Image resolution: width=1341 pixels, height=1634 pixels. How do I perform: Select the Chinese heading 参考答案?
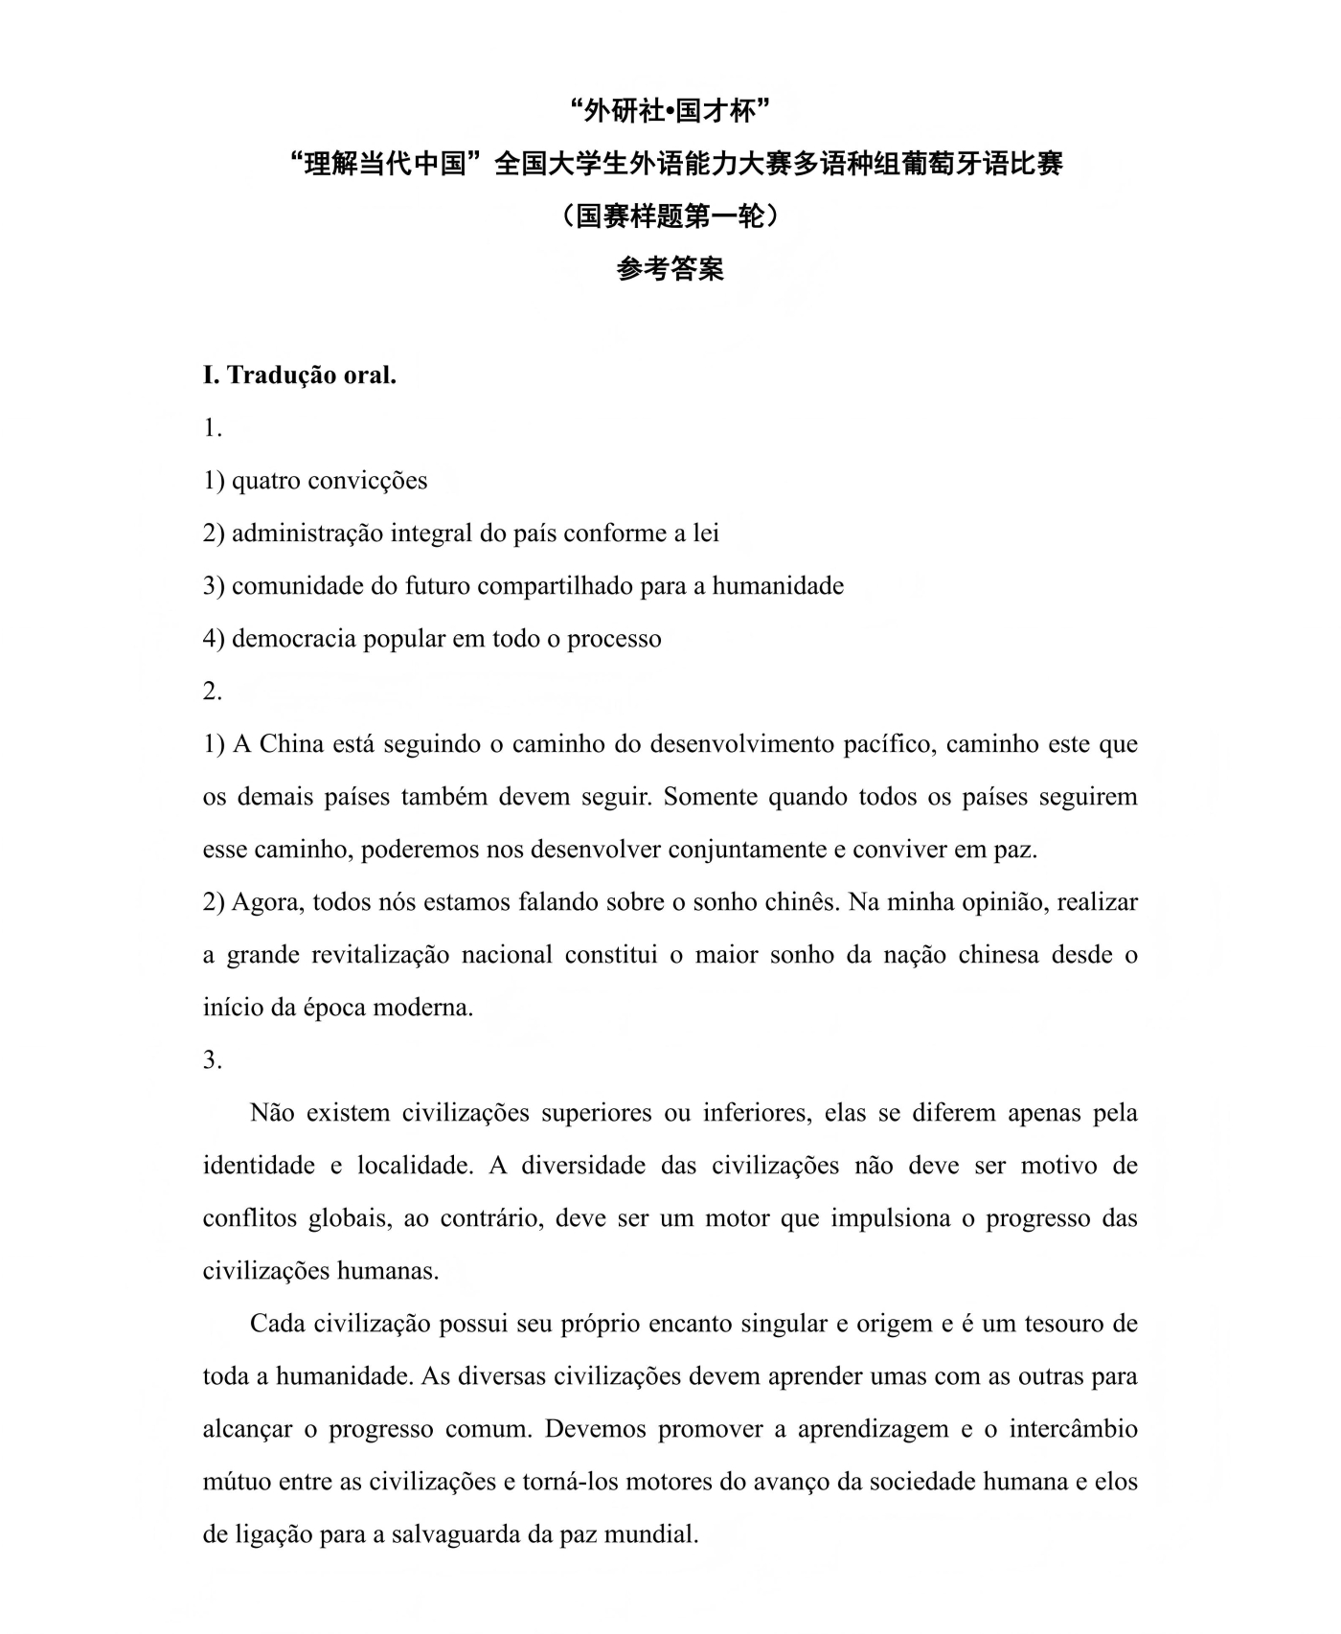670,269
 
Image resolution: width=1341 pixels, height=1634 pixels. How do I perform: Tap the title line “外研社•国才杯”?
670,112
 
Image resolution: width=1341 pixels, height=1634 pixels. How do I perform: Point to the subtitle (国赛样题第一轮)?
670,216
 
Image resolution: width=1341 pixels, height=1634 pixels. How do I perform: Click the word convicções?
369,481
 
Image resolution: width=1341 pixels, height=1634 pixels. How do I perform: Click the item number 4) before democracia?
214,639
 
